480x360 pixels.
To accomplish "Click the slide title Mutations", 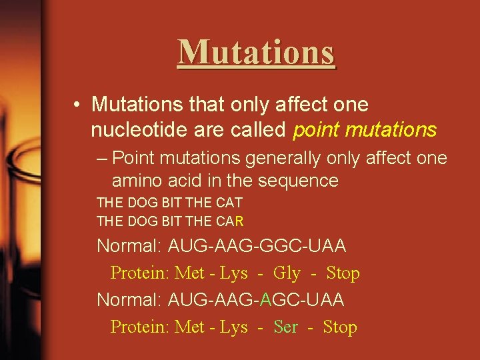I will [257, 51].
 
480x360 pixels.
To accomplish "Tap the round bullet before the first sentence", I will [79, 105].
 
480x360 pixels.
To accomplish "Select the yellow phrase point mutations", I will [365, 129].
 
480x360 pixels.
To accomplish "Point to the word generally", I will [303, 158].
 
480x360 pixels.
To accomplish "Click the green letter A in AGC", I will [266, 300].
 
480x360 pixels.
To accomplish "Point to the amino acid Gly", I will [287, 273].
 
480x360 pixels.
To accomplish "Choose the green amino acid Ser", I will [286, 327].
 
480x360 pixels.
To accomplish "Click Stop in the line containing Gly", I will [343, 273].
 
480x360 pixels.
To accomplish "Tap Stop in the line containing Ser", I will [340, 327].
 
